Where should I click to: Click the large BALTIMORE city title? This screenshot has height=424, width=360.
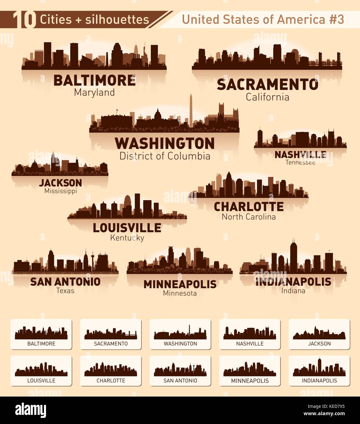coord(94,81)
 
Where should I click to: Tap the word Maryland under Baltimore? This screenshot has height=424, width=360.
coord(94,92)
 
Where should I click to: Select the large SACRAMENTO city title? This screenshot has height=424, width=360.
coord(267,85)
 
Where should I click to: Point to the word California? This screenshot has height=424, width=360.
coord(267,97)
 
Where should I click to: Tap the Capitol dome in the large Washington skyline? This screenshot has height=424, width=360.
coord(158,115)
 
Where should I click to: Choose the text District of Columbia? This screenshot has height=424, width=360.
coord(165,156)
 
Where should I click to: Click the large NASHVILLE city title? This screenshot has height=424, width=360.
coord(300,155)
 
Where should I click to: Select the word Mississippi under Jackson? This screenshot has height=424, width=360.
coord(60,191)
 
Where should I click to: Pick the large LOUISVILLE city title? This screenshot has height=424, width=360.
coord(127,228)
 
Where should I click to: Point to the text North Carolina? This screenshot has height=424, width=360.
coord(249,217)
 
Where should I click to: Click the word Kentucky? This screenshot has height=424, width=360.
coord(127,238)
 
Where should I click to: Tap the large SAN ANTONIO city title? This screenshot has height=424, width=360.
coord(65,282)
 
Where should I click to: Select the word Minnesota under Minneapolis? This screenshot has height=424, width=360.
coord(180,293)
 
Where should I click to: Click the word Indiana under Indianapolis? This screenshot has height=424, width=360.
coord(293,291)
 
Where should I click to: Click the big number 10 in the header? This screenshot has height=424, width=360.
coord(24,20)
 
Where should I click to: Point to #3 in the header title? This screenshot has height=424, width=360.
coord(337,20)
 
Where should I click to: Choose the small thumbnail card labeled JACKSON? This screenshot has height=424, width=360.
coord(319,334)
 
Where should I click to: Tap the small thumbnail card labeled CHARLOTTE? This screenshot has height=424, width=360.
coord(111,371)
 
